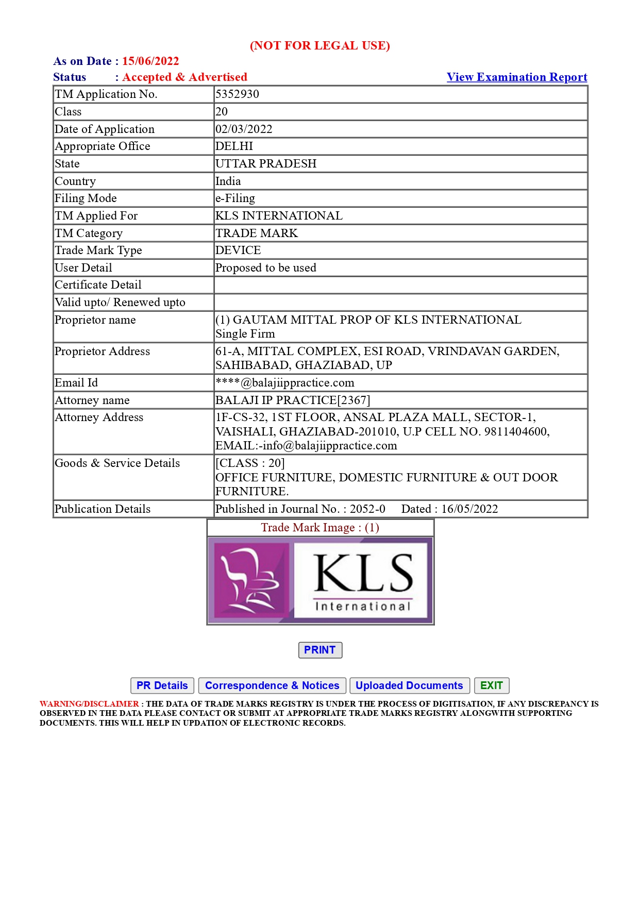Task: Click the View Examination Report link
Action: click(516, 77)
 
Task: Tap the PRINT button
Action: click(320, 650)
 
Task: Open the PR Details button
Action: click(162, 685)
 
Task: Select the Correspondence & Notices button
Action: click(272, 685)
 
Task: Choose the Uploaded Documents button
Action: click(409, 685)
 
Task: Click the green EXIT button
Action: click(491, 685)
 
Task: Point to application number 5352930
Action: click(237, 94)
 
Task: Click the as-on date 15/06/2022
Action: click(150, 61)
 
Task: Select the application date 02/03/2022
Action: click(244, 129)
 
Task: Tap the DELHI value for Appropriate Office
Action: click(234, 146)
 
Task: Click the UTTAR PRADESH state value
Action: click(266, 164)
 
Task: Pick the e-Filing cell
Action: click(235, 198)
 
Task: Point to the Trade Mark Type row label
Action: click(98, 250)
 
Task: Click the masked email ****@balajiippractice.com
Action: click(285, 383)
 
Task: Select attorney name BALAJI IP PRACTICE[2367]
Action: click(293, 400)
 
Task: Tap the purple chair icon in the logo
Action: click(249, 580)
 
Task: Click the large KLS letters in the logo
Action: click(363, 573)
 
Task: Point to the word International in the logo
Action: click(363, 607)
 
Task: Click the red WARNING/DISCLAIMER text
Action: click(89, 704)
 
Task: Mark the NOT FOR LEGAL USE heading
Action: click(320, 46)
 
